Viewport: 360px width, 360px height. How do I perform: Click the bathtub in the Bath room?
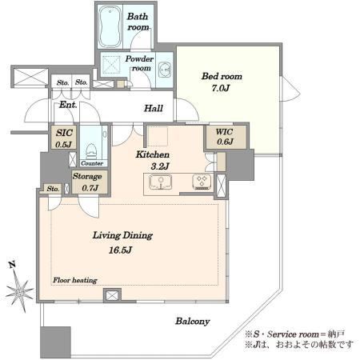110,26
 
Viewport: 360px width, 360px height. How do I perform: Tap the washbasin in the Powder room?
165,70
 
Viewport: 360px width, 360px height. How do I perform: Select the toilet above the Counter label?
91,151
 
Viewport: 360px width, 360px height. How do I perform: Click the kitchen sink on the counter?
160,182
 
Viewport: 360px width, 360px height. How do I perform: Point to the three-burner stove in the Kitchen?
202,182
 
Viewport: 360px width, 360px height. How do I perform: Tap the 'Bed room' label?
222,76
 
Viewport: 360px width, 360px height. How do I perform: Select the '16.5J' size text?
121,250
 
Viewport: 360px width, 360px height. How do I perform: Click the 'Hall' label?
154,108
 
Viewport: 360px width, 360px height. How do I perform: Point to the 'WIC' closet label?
224,132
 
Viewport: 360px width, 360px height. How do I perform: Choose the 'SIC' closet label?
64,133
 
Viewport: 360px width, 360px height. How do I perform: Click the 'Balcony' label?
192,322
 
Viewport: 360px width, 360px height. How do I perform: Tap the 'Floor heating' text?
75,280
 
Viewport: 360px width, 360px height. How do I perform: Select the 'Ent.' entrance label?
68,105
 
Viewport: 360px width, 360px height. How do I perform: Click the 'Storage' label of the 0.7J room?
87,177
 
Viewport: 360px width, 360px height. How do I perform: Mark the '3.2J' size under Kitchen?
160,166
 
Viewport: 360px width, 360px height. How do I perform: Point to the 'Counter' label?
92,163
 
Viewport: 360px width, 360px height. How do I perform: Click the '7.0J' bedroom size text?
221,88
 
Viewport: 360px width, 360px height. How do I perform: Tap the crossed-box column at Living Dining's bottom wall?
112,295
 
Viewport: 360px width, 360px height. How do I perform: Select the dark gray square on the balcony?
55,342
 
